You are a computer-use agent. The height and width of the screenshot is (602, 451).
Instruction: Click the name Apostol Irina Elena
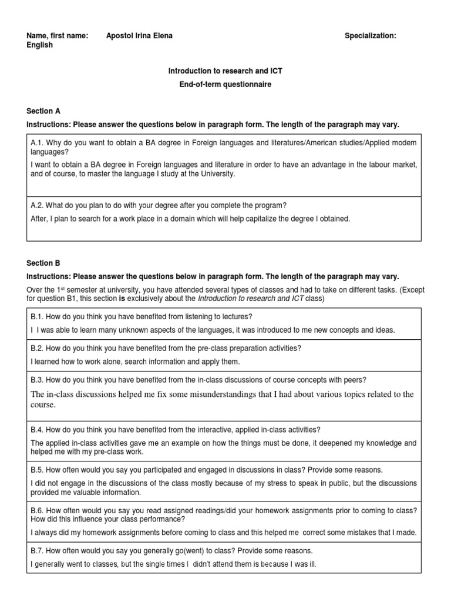pos(139,36)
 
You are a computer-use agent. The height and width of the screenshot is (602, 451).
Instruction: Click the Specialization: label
pos(370,36)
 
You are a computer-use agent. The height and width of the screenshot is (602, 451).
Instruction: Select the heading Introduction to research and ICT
pos(225,71)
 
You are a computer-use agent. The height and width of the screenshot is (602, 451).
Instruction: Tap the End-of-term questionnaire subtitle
pos(225,85)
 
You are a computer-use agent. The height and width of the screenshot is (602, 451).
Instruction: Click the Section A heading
pos(43,111)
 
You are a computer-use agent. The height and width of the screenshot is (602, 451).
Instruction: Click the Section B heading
pos(43,263)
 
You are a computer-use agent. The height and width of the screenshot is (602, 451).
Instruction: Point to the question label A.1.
pos(38,143)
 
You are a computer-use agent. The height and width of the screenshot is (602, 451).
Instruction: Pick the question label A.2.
pos(38,205)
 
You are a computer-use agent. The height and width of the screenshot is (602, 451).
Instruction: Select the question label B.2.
pos(38,348)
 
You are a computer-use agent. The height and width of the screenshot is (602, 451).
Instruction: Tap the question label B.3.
pos(38,380)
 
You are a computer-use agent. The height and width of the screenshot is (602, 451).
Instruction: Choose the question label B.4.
pos(38,430)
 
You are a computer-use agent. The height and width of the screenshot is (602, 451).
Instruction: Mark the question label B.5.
pos(38,470)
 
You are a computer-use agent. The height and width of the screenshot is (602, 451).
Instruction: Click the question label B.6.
pos(38,510)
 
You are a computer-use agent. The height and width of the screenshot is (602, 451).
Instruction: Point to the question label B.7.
pos(38,551)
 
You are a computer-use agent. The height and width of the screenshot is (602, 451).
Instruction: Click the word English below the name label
pos(39,45)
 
